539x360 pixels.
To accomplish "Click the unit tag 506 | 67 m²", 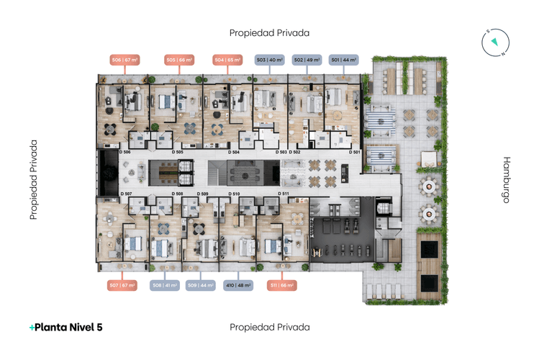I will [x=124, y=60].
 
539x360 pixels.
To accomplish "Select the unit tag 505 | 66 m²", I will [x=178, y=60].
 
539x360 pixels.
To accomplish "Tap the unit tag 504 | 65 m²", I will [x=227, y=60].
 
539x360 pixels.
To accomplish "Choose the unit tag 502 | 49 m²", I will [x=307, y=60].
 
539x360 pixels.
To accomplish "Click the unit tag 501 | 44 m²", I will [x=344, y=60].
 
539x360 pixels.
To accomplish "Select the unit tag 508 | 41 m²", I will [x=165, y=285].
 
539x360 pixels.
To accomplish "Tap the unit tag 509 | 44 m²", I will [x=201, y=285].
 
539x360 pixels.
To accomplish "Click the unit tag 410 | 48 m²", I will [x=238, y=285].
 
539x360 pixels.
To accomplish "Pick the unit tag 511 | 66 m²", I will [x=281, y=285].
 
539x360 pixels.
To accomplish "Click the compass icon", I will [x=494, y=42].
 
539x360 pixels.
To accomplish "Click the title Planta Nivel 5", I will [x=65, y=327].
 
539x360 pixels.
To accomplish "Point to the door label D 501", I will [x=354, y=153].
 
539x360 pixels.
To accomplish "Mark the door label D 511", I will [x=285, y=194].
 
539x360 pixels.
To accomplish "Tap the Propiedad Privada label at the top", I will [x=269, y=32].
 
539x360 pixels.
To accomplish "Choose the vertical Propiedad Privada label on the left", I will [x=33, y=179].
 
